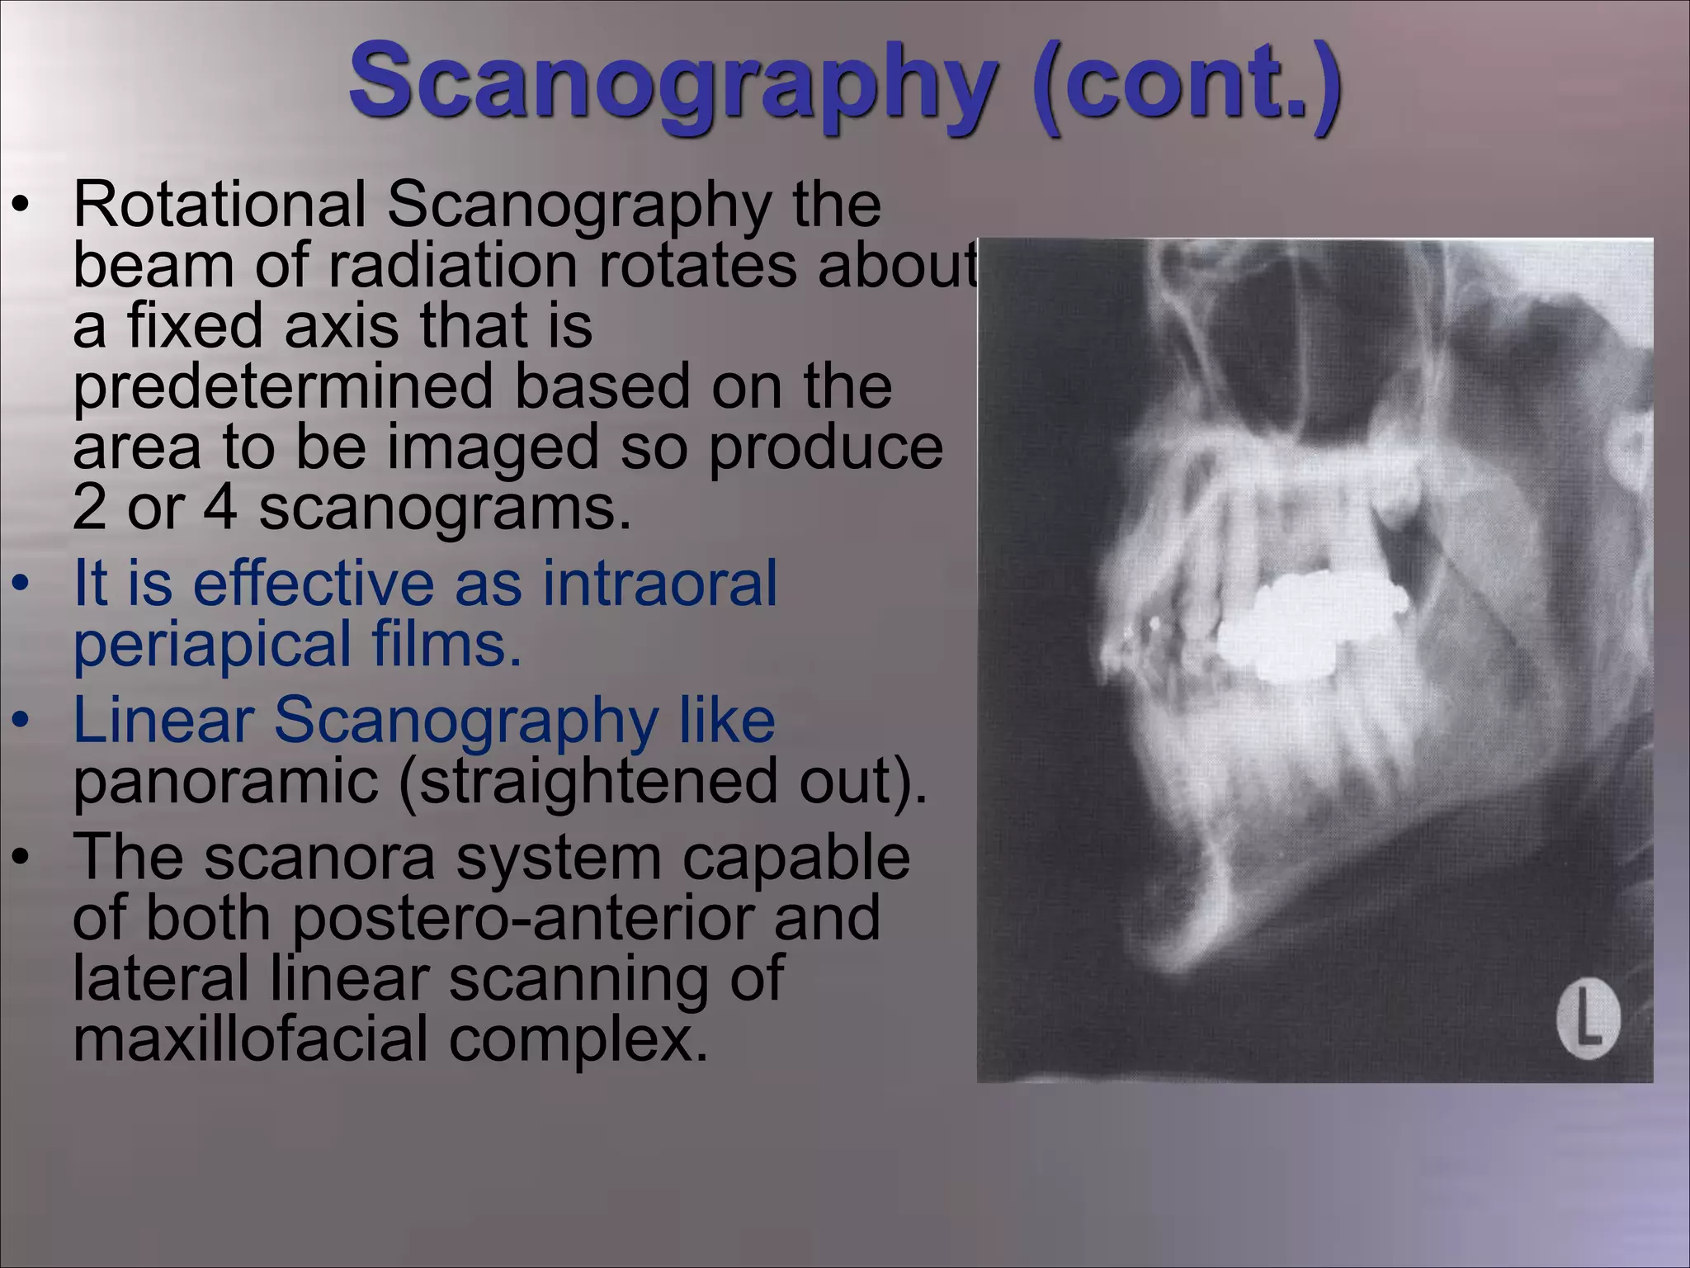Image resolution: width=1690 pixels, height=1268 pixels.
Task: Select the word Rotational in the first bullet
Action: pos(220,204)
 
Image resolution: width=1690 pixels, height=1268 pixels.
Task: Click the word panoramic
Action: pos(225,781)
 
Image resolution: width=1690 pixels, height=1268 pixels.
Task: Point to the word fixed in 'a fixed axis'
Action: pos(195,326)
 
